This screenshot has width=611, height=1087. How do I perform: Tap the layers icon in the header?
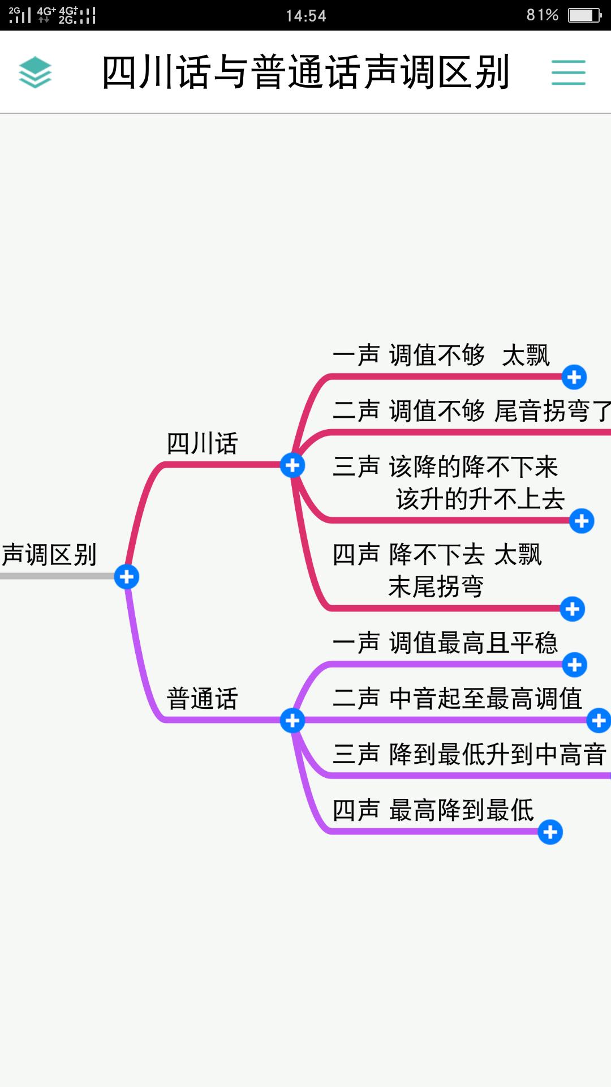(x=35, y=72)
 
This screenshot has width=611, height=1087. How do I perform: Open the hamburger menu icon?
(x=568, y=72)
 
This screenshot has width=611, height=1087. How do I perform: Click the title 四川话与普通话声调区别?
(x=305, y=72)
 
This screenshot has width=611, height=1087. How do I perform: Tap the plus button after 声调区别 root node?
(x=126, y=576)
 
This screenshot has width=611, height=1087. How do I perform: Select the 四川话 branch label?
(x=202, y=443)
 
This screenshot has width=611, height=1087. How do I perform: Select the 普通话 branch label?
(x=202, y=699)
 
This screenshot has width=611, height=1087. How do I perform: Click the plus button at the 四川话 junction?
(x=292, y=465)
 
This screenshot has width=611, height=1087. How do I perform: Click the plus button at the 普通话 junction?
(x=292, y=721)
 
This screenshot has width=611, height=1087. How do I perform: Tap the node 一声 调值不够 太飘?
(x=441, y=356)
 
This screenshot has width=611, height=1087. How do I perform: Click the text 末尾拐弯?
(x=436, y=587)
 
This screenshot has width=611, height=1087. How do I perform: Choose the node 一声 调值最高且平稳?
(x=445, y=643)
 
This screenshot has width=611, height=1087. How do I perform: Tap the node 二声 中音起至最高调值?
(x=457, y=699)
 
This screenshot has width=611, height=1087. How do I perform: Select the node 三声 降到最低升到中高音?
(x=470, y=755)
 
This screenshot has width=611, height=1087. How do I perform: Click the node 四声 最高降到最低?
(x=433, y=810)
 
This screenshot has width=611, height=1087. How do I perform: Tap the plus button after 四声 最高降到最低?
(x=550, y=832)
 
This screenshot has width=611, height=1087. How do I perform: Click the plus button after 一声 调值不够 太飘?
(x=574, y=377)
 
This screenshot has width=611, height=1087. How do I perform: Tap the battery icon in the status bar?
(x=584, y=15)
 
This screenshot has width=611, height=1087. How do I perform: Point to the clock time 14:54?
(x=305, y=15)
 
